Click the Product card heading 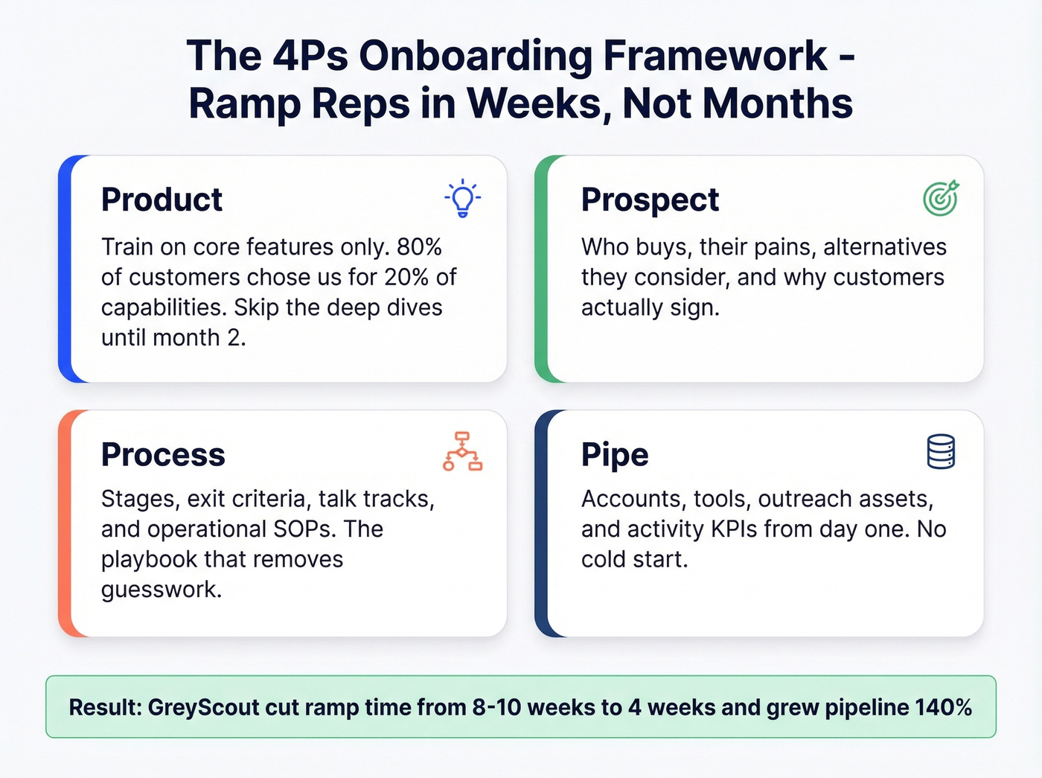click(x=162, y=200)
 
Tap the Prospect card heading click(x=650, y=200)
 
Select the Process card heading click(x=163, y=454)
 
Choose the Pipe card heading click(x=615, y=454)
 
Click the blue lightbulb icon click(x=463, y=199)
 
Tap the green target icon click(x=941, y=199)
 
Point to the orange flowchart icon click(x=462, y=451)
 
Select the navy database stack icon click(x=941, y=452)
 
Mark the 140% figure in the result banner click(x=943, y=707)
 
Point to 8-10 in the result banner click(x=497, y=707)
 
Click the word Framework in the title click(x=715, y=56)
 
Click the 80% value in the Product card click(x=419, y=246)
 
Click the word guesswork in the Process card click(x=161, y=590)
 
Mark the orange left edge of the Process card click(x=65, y=523)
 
